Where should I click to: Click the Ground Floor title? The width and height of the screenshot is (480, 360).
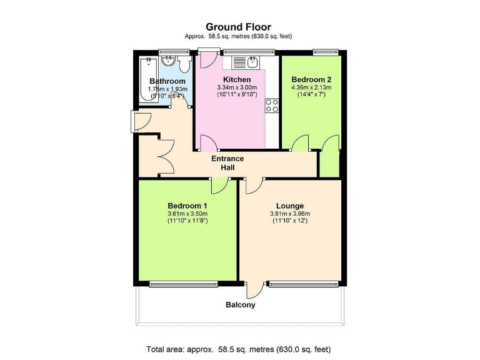(240, 26)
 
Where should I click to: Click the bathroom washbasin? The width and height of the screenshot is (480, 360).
(168, 62)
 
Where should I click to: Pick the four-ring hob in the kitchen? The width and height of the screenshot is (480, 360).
(272, 106)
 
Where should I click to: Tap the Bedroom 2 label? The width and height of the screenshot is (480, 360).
(311, 79)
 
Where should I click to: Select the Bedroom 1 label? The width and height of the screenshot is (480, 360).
(187, 206)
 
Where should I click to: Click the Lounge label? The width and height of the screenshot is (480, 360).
(290, 206)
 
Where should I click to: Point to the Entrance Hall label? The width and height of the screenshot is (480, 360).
(227, 163)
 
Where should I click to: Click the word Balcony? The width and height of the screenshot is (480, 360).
(241, 305)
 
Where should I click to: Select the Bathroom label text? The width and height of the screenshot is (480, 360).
(167, 82)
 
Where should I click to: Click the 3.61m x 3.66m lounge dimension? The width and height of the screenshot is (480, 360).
(290, 214)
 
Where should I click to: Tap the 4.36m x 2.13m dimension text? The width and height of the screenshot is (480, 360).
(311, 87)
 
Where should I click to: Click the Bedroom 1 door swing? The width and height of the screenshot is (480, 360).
(219, 186)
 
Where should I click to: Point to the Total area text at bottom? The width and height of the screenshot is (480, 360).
(240, 349)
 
